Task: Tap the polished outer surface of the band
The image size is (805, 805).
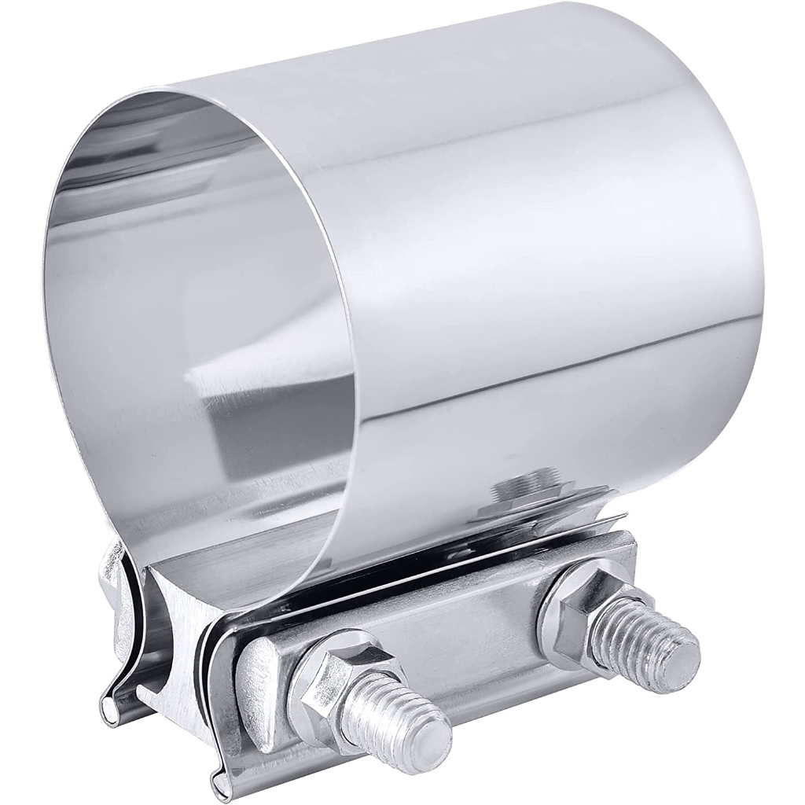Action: [x=550, y=197]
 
